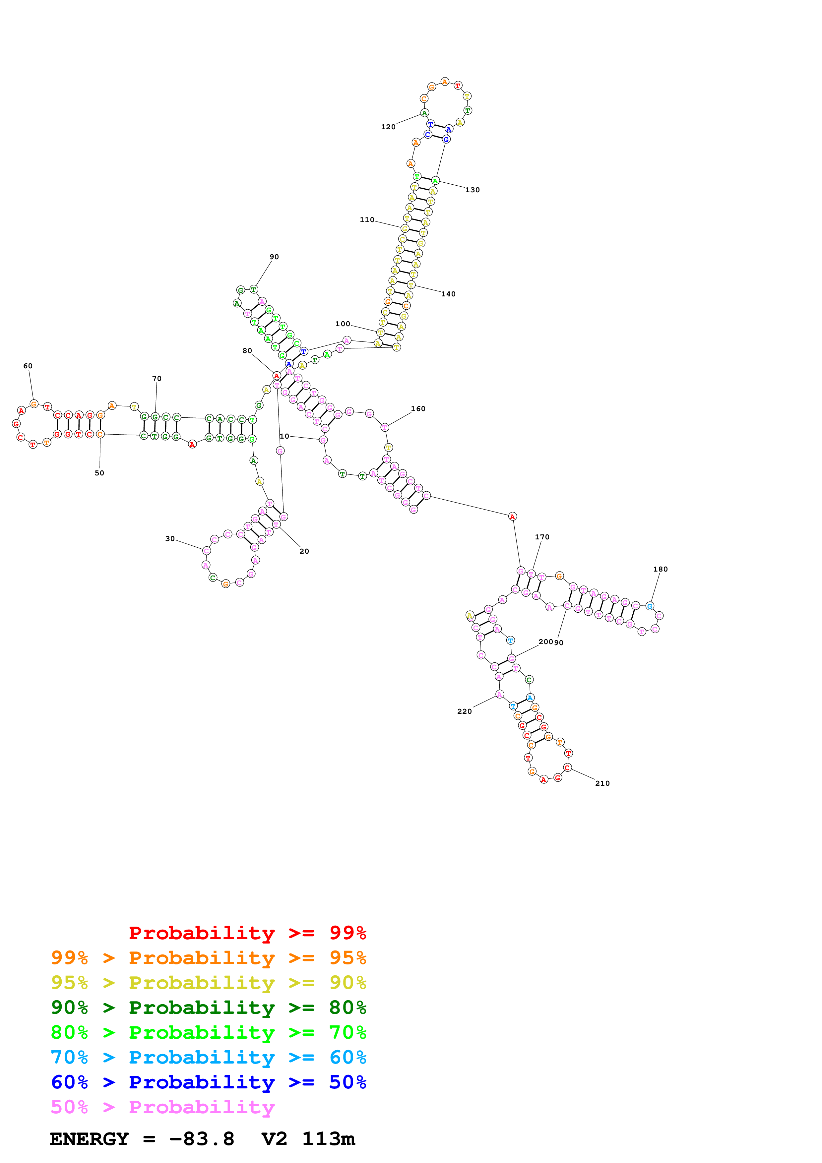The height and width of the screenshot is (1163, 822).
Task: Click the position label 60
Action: pyautogui.click(x=28, y=366)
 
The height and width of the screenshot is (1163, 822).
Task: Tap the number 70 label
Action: pyautogui.click(x=157, y=378)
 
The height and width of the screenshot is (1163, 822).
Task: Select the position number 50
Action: pyautogui.click(x=99, y=473)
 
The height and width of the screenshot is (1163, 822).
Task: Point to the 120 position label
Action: pyautogui.click(x=388, y=127)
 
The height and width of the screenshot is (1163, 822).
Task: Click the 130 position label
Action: pyautogui.click(x=473, y=190)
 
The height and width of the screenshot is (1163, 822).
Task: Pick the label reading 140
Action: pyautogui.click(x=448, y=294)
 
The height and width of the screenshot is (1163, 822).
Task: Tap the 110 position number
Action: pyautogui.click(x=367, y=220)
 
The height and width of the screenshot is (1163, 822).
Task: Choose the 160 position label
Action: pyautogui.click(x=418, y=409)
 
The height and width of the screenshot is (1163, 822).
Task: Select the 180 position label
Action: pyautogui.click(x=661, y=569)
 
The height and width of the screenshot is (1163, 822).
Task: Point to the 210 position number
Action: pyautogui.click(x=602, y=783)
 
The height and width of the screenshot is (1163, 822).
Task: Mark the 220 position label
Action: pyautogui.click(x=465, y=711)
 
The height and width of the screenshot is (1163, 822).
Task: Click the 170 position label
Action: pyautogui.click(x=542, y=537)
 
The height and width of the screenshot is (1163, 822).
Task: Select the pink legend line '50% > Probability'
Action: pyautogui.click(x=162, y=1107)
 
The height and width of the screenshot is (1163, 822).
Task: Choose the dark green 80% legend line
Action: pyautogui.click(x=208, y=1008)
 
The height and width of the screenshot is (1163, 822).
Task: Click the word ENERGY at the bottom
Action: pyautogui.click(x=89, y=1139)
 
